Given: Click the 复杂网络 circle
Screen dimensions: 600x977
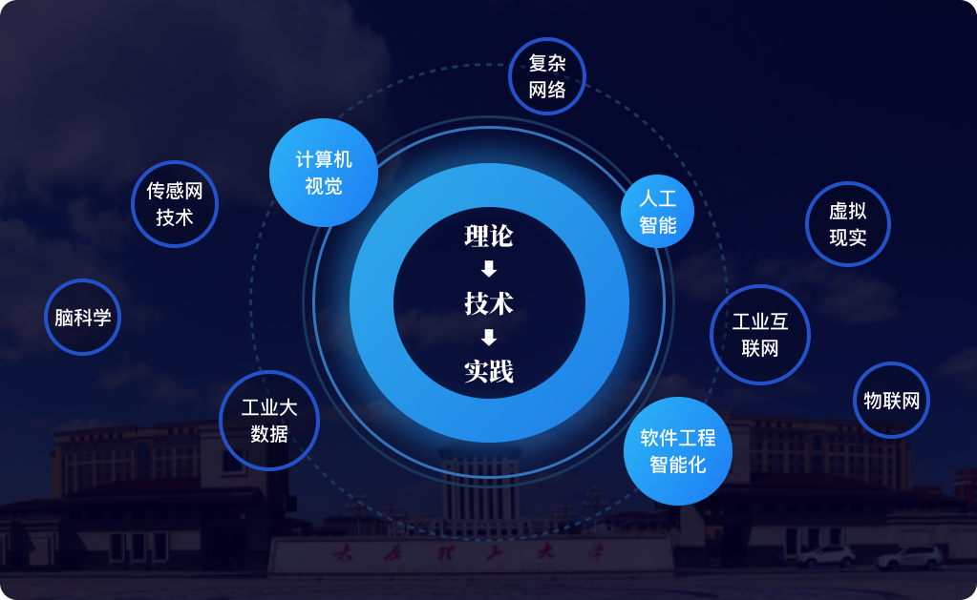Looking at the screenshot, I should click(546, 76).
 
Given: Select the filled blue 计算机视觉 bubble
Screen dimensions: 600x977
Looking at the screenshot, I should click(324, 172).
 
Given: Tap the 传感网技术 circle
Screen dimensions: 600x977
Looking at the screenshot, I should click(175, 204).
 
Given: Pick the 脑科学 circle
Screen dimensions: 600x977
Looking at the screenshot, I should click(82, 317).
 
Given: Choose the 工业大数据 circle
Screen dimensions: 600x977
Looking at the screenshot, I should click(268, 421).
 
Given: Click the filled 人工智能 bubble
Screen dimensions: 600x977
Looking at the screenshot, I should click(657, 212).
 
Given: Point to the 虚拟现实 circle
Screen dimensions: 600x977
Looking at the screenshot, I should click(847, 224).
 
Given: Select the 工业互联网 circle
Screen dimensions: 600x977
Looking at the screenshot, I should click(760, 335).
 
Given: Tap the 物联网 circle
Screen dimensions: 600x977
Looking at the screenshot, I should click(891, 400).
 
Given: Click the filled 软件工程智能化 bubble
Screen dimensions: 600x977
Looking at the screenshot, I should click(677, 451).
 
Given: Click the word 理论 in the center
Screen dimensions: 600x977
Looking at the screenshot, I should click(489, 236).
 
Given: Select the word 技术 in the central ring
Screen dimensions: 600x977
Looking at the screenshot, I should click(489, 303).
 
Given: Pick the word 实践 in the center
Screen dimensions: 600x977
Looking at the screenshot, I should click(489, 371).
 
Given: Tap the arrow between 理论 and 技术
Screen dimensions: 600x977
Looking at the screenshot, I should click(489, 269).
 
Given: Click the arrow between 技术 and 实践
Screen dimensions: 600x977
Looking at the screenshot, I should click(489, 337).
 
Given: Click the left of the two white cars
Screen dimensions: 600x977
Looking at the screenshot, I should click(826, 556).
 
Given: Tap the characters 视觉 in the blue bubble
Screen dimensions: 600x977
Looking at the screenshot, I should click(324, 185).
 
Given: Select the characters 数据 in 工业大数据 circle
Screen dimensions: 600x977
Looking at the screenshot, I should click(269, 434).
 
